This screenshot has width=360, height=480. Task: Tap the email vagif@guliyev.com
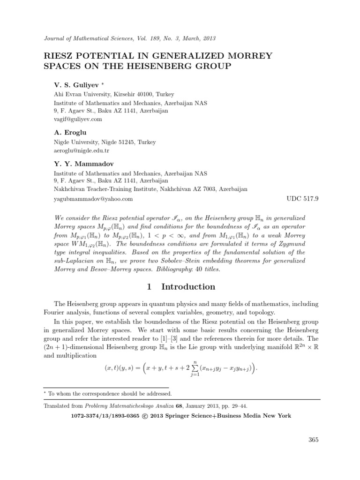pyautogui.click(x=78, y=120)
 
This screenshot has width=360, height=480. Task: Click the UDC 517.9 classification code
pyautogui.click(x=302, y=199)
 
